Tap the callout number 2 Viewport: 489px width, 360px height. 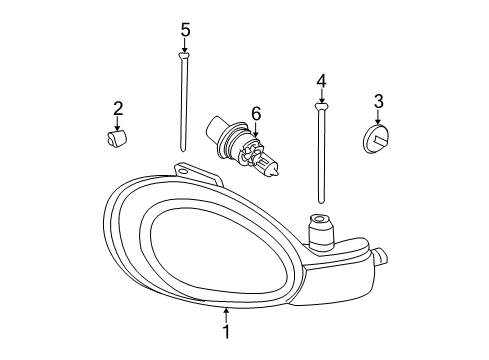(118, 108)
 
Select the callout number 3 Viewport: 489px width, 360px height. (379, 100)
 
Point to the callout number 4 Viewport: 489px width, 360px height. (321, 79)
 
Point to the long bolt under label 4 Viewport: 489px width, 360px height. (321, 150)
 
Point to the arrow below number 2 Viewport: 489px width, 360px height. (119, 123)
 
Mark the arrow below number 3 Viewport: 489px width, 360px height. (379, 116)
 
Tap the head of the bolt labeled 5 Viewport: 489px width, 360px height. (185, 59)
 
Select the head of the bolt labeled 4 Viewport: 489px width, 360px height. (321, 106)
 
